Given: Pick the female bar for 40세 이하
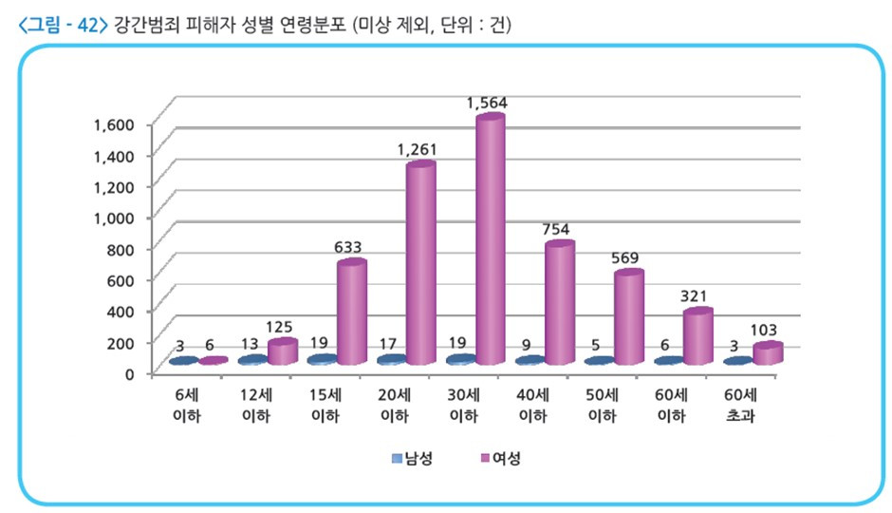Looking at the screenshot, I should click(x=560, y=304).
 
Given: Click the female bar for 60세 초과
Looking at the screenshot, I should click(x=768, y=353).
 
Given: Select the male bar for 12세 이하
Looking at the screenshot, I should click(x=252, y=360).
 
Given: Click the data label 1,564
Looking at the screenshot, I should click(x=488, y=102).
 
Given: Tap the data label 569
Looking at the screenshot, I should click(x=627, y=257).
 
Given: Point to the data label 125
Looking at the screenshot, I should click(x=278, y=327).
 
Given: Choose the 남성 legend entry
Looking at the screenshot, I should click(x=413, y=459).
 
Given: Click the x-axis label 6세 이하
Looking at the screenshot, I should click(x=186, y=405).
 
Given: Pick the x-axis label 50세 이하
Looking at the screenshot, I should click(x=603, y=405).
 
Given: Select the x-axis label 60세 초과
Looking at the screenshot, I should click(x=741, y=405).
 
